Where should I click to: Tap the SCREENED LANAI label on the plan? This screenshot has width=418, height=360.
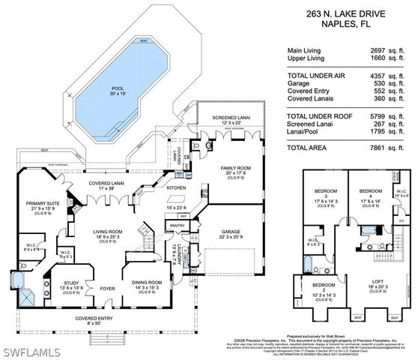click(x=228, y=118)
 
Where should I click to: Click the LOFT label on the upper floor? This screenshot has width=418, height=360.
click(x=377, y=280)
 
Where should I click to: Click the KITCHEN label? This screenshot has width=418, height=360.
click(x=176, y=187)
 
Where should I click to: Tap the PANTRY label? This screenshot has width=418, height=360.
click(x=178, y=223)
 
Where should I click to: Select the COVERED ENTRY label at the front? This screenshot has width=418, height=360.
click(x=99, y=318)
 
